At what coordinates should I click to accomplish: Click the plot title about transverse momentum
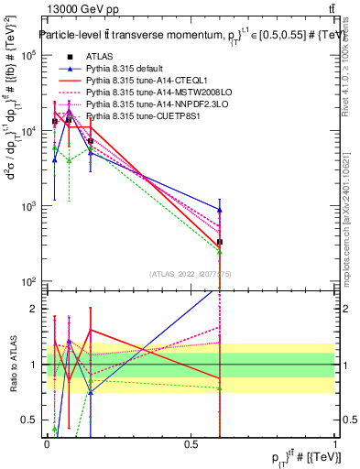[183, 36]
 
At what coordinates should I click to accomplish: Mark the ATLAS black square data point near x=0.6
[220, 242]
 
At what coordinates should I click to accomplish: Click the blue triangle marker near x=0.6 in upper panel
[220, 210]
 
